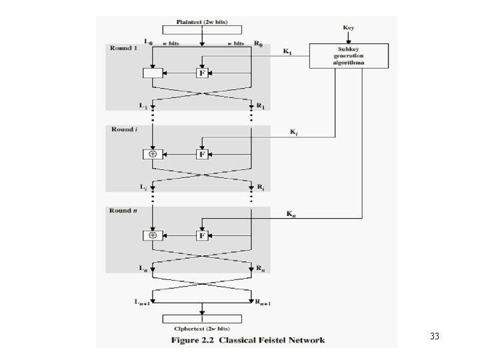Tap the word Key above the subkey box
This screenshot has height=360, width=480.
(348, 28)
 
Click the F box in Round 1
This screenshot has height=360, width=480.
(201, 73)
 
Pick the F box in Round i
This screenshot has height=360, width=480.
(201, 154)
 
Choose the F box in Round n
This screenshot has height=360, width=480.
(201, 235)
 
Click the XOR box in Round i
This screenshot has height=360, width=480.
(153, 154)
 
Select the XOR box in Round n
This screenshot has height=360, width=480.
(153, 235)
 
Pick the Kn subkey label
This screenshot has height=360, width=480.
(291, 214)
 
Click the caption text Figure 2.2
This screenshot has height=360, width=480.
(201, 340)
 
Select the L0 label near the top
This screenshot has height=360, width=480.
(148, 42)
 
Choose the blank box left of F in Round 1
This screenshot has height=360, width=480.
(153, 73)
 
